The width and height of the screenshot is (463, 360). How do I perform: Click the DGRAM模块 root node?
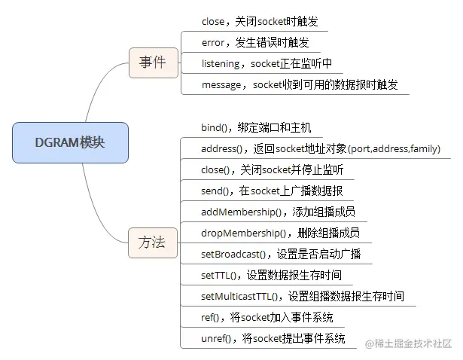coord(70,142)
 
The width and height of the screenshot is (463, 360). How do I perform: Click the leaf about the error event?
coord(255,43)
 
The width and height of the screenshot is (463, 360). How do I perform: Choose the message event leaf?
coord(300,85)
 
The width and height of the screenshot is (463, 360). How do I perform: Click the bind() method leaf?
coord(257,127)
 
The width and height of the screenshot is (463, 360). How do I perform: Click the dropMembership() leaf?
coord(281,233)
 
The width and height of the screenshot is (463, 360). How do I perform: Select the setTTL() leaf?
coord(271,275)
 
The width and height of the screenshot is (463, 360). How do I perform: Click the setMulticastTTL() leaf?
coord(303,296)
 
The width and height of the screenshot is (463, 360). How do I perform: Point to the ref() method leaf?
coord(267,317)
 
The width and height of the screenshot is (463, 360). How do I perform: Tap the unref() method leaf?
coord(273,338)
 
